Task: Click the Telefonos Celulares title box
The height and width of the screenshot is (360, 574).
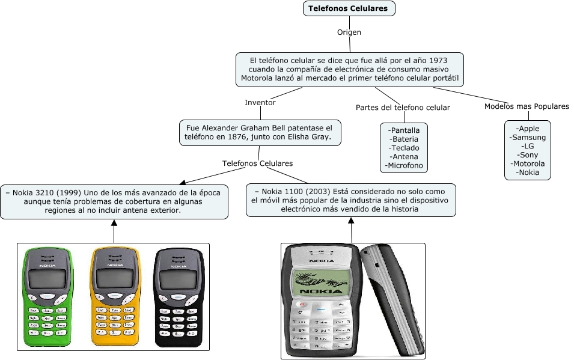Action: [349, 8]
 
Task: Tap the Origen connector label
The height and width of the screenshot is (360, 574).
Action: [349, 32]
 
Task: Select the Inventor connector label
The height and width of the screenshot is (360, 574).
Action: [260, 102]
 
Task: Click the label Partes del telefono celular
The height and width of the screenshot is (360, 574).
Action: [403, 108]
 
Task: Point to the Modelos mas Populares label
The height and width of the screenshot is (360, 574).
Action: [527, 106]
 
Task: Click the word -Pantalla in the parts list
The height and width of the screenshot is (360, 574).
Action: [405, 130]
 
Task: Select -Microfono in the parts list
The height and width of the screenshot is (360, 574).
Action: [405, 165]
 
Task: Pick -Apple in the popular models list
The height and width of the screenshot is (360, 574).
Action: [528, 129]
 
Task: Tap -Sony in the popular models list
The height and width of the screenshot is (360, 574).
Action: [528, 154]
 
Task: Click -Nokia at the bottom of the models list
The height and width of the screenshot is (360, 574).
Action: [528, 172]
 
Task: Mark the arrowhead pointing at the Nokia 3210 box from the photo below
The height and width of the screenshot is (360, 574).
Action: [114, 223]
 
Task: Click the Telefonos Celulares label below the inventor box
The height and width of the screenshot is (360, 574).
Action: [257, 163]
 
